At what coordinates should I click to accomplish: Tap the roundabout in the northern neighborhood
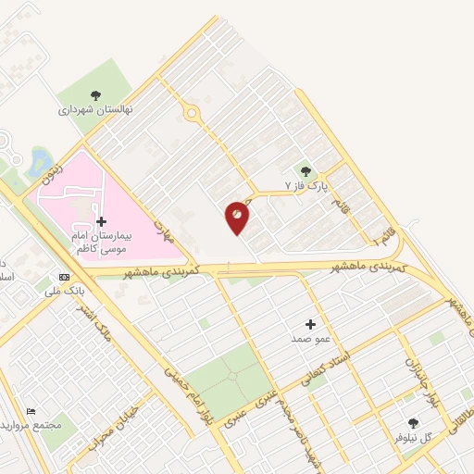pos(192,113)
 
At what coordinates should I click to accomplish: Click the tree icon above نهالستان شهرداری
pos(95,94)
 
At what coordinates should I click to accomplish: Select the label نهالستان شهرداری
pos(96,109)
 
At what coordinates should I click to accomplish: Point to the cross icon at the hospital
pos(101,221)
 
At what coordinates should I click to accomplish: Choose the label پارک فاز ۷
pos(306,186)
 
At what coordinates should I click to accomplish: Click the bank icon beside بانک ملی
pos(63,277)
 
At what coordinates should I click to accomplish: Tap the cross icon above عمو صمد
pos(310,324)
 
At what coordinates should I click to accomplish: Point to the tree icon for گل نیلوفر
pos(413,423)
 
